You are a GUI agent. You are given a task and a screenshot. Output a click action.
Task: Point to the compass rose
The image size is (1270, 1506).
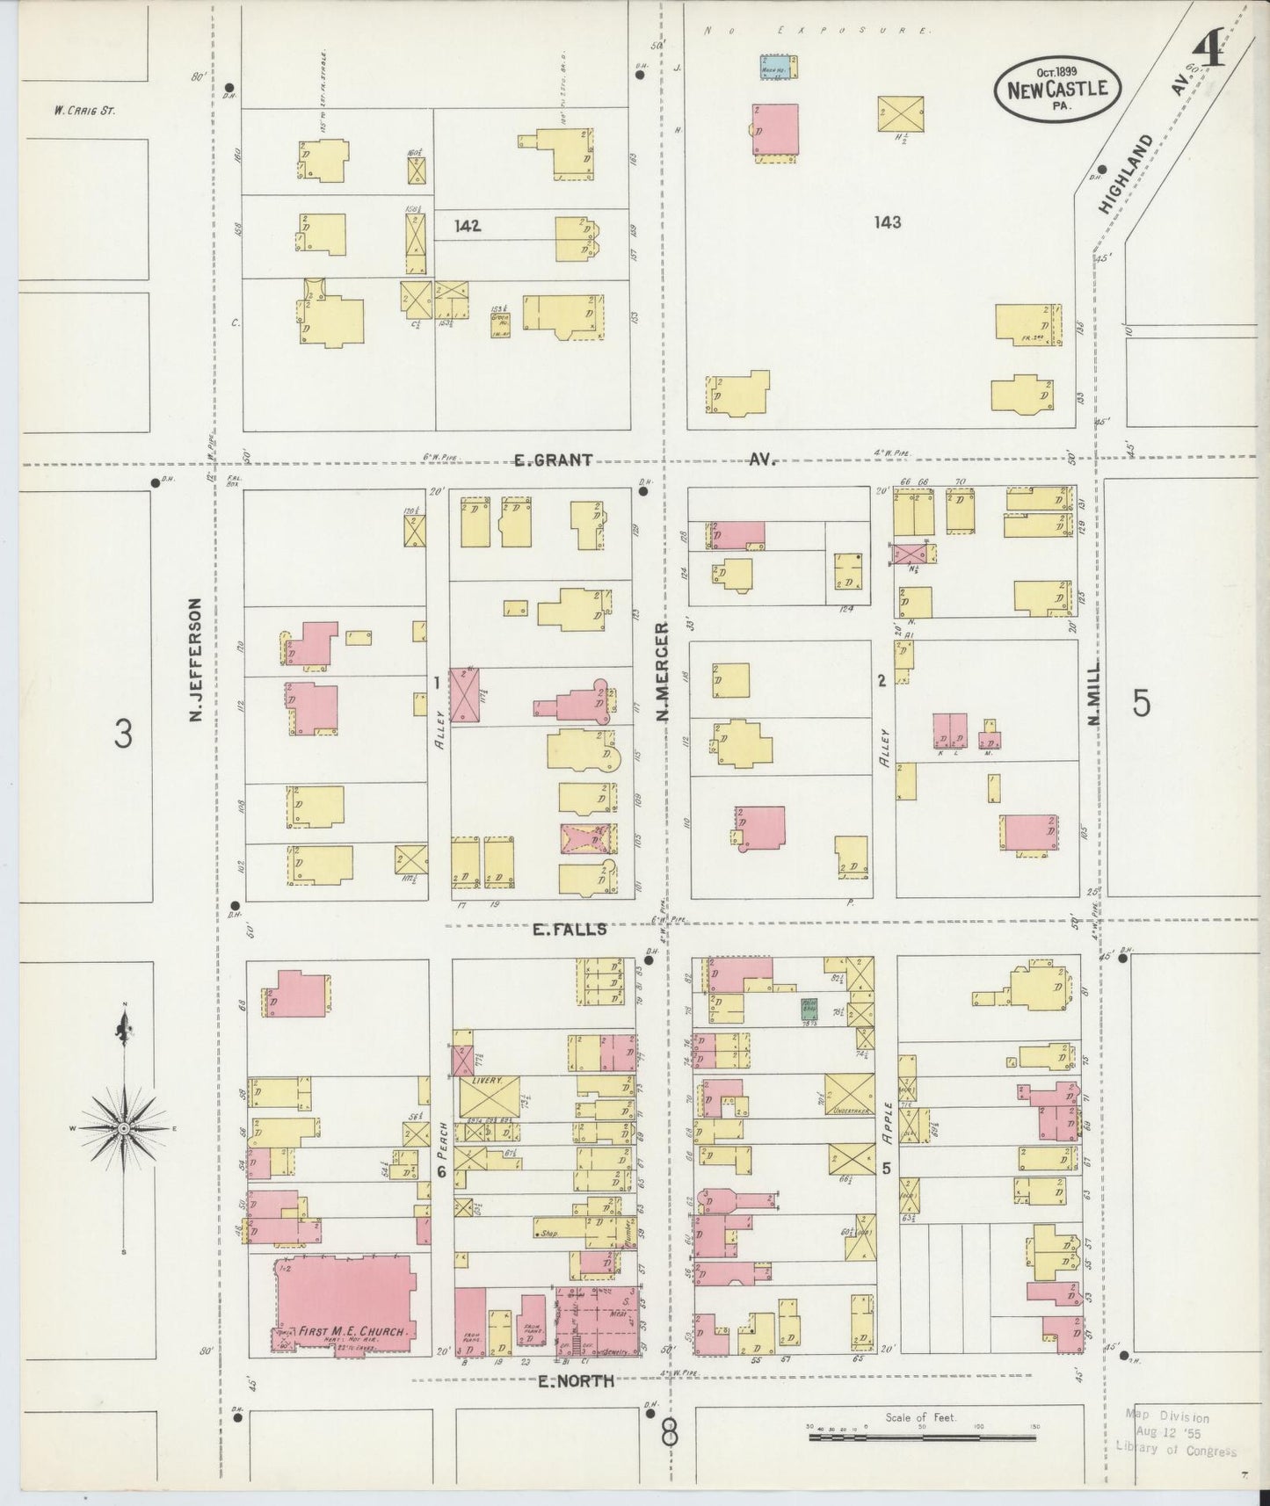point(124,1127)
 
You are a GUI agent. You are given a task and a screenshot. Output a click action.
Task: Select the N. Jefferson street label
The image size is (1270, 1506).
point(195,661)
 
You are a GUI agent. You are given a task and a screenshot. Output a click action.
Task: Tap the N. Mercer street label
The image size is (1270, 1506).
point(661,672)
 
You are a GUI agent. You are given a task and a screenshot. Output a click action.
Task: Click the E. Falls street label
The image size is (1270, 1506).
point(570,929)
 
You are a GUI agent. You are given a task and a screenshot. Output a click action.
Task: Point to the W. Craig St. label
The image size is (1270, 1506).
point(83,111)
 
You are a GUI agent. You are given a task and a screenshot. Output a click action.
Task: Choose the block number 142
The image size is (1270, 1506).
point(468,226)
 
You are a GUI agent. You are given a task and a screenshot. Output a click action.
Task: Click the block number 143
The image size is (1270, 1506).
point(888,222)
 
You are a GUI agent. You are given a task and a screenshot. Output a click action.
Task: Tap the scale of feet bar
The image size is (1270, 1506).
point(922,1437)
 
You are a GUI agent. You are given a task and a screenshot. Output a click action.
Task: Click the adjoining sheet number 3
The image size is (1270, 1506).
point(124,733)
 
